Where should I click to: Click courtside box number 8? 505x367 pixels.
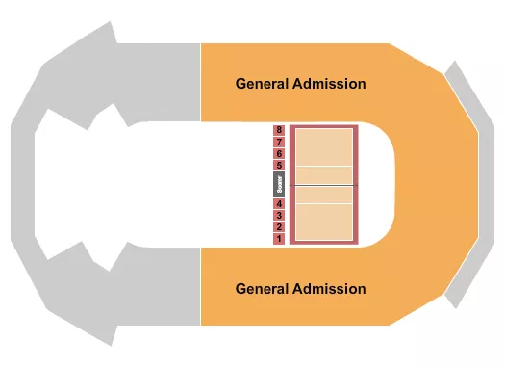pyautogui.click(x=278, y=130)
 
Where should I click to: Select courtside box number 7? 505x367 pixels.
pyautogui.click(x=278, y=142)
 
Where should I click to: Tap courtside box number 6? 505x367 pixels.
pyautogui.click(x=278, y=153)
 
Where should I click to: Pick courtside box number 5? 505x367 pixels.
pyautogui.click(x=278, y=166)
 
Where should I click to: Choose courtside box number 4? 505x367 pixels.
pyautogui.click(x=278, y=203)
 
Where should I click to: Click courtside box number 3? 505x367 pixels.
pyautogui.click(x=278, y=215)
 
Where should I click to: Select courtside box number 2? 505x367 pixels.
pyautogui.click(x=278, y=226)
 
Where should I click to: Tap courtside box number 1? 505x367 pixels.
pyautogui.click(x=278, y=238)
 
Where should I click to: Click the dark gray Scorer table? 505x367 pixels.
pyautogui.click(x=278, y=184)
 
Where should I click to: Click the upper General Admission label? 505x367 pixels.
pyautogui.click(x=300, y=84)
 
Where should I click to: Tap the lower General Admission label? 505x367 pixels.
pyautogui.click(x=300, y=288)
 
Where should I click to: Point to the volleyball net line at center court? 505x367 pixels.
pyautogui.click(x=323, y=184)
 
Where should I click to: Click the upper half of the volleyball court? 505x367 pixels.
pyautogui.click(x=323, y=154)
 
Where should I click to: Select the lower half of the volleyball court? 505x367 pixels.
pyautogui.click(x=323, y=214)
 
